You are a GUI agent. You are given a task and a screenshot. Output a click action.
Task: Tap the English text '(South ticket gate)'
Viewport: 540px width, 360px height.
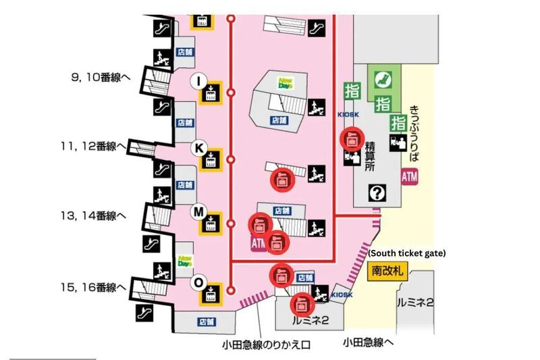[406, 253]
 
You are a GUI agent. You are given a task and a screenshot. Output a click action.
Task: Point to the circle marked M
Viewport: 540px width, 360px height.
[198, 211]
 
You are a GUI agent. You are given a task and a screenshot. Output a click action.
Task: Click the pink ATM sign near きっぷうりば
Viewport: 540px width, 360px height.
[410, 177]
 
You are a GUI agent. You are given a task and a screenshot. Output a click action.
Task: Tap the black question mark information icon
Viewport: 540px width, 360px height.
[376, 194]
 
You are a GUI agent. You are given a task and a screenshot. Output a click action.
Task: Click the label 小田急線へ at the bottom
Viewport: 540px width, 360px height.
[368, 342]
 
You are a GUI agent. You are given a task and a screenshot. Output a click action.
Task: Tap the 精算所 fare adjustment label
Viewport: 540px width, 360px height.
[369, 156]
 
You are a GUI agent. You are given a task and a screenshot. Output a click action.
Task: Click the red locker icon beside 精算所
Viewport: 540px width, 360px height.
[350, 139]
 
